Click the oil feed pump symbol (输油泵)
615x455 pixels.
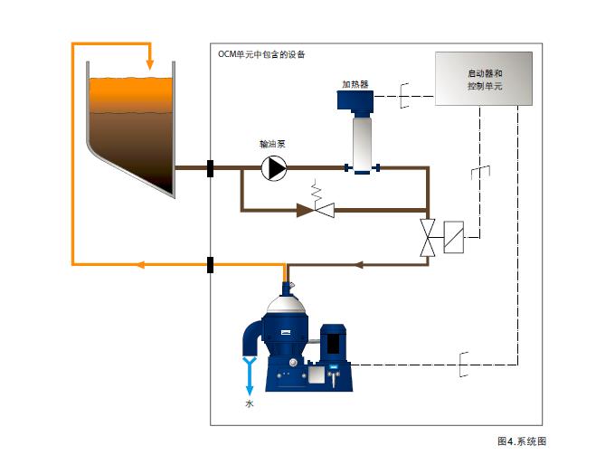tap(273, 167)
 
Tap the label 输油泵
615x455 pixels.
tap(272, 144)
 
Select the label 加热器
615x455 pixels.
tap(355, 83)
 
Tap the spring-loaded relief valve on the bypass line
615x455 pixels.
tap(318, 205)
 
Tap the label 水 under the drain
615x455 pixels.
tap(250, 403)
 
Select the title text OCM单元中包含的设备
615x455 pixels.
tap(260, 54)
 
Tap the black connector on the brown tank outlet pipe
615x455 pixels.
tap(210, 167)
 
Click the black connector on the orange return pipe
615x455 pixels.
tap(210, 265)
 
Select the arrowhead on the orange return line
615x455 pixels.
tap(139, 265)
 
